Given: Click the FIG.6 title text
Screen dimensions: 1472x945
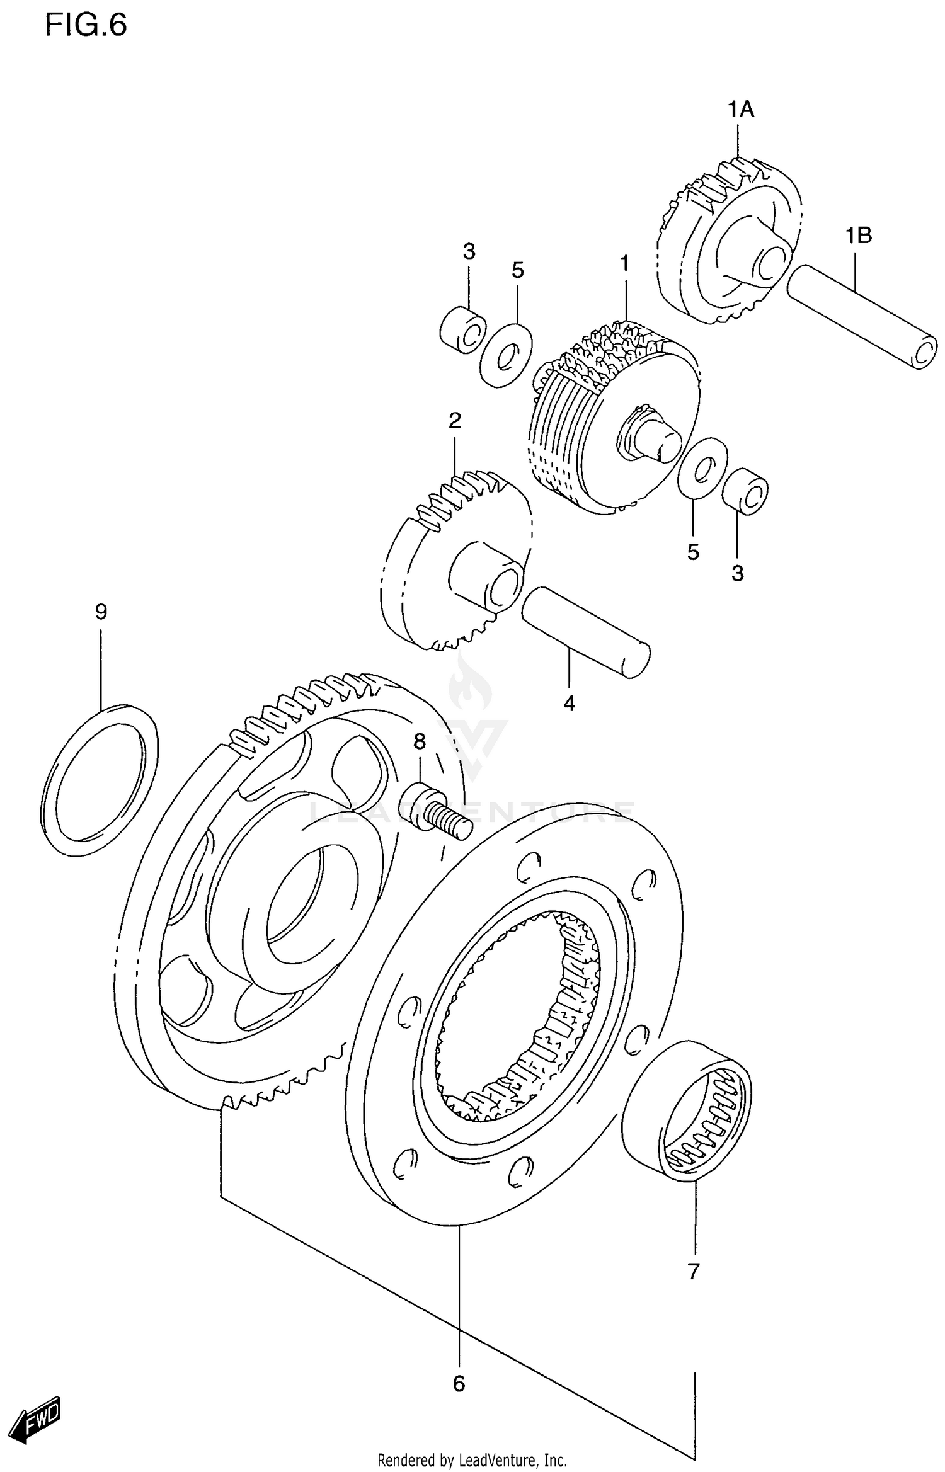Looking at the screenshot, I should click(x=86, y=25).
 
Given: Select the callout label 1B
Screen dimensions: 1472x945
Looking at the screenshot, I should click(x=858, y=236).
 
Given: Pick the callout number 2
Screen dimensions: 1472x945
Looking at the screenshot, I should click(x=455, y=421).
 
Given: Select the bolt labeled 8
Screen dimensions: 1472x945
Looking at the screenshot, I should click(x=435, y=809).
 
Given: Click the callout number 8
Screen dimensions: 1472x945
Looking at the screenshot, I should click(x=420, y=741).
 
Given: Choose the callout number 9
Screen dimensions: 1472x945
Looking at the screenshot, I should click(x=101, y=612).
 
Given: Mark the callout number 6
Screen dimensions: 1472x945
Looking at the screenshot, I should click(x=459, y=1384).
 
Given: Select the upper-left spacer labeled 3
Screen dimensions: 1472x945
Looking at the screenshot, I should click(x=463, y=330).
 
